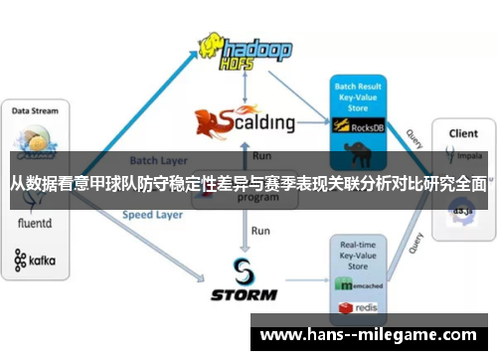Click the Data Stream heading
(35, 110)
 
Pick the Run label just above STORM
(260, 231)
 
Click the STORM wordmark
(245, 294)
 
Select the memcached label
(364, 283)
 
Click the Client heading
(463, 132)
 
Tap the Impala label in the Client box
(466, 156)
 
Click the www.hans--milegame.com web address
(367, 336)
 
